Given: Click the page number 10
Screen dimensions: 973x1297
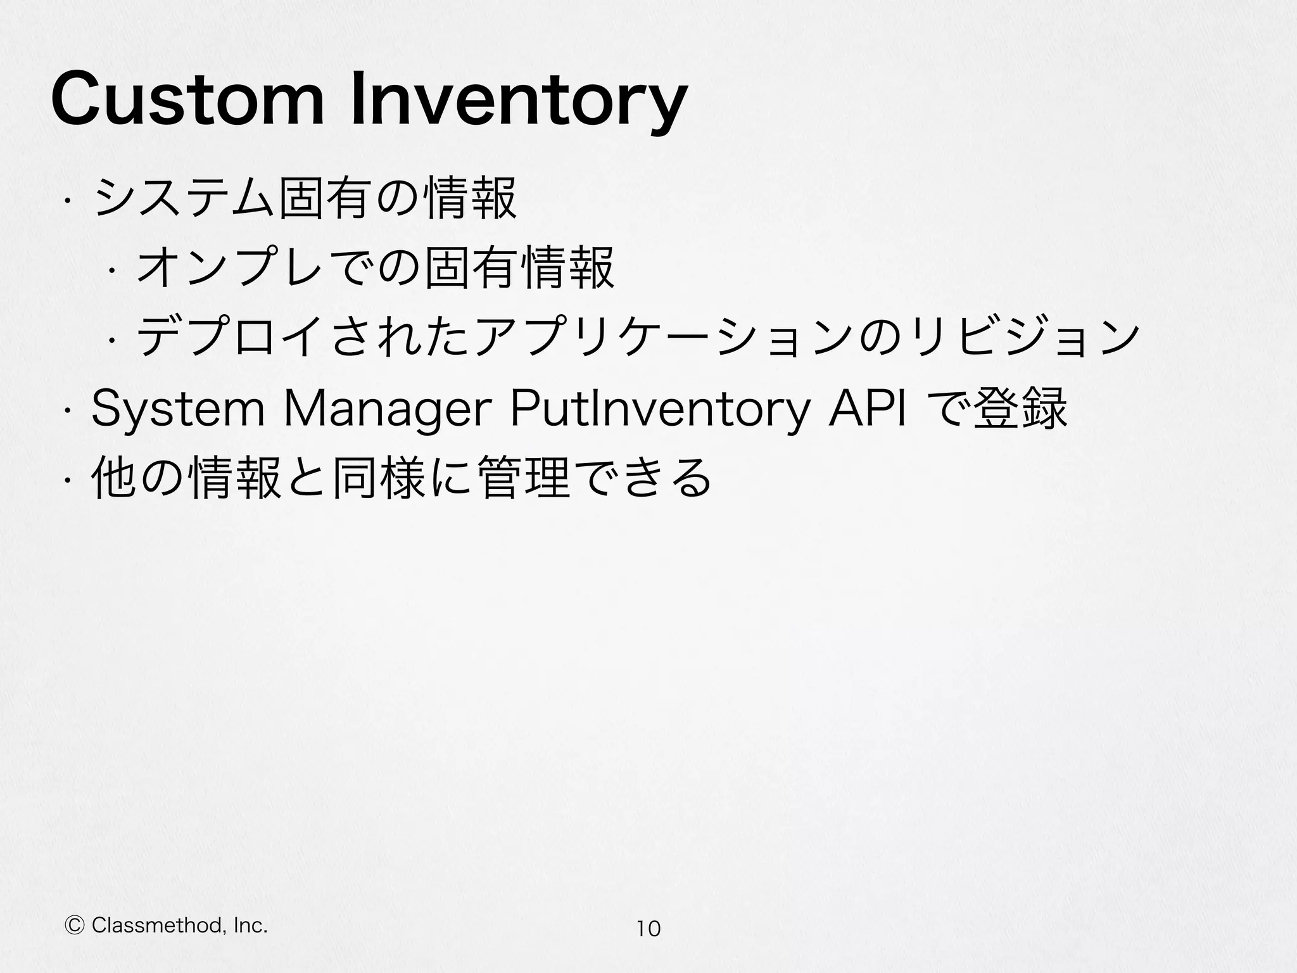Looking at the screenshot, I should [648, 929].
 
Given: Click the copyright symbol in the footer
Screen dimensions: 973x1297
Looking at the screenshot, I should [75, 926].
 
